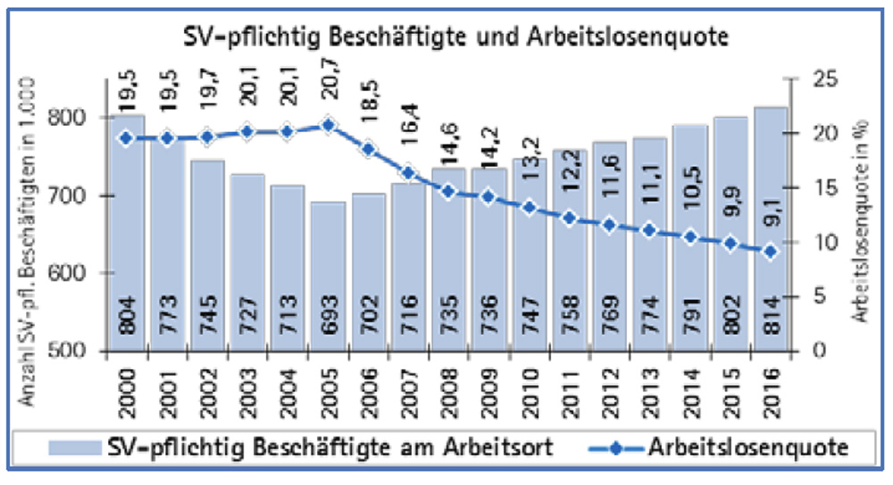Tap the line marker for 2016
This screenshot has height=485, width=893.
771,252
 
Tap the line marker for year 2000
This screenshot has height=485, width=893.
127,138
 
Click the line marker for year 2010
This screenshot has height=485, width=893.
529,207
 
